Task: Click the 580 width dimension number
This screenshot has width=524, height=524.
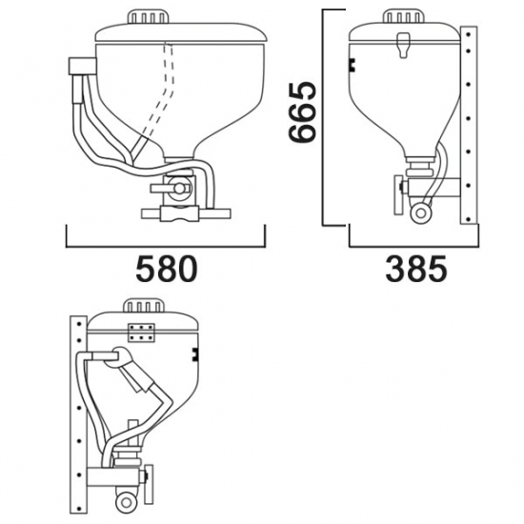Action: tap(167, 269)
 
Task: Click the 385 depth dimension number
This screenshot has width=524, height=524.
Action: tap(415, 269)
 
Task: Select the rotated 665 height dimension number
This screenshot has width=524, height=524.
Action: tap(302, 112)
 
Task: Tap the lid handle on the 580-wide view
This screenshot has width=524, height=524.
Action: tap(148, 17)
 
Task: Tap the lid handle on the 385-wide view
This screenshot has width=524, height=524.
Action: tap(403, 16)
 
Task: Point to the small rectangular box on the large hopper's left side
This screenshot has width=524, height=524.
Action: tap(82, 66)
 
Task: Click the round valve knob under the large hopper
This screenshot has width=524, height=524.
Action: tap(179, 189)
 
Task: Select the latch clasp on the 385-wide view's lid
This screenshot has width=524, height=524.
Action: tap(403, 45)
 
